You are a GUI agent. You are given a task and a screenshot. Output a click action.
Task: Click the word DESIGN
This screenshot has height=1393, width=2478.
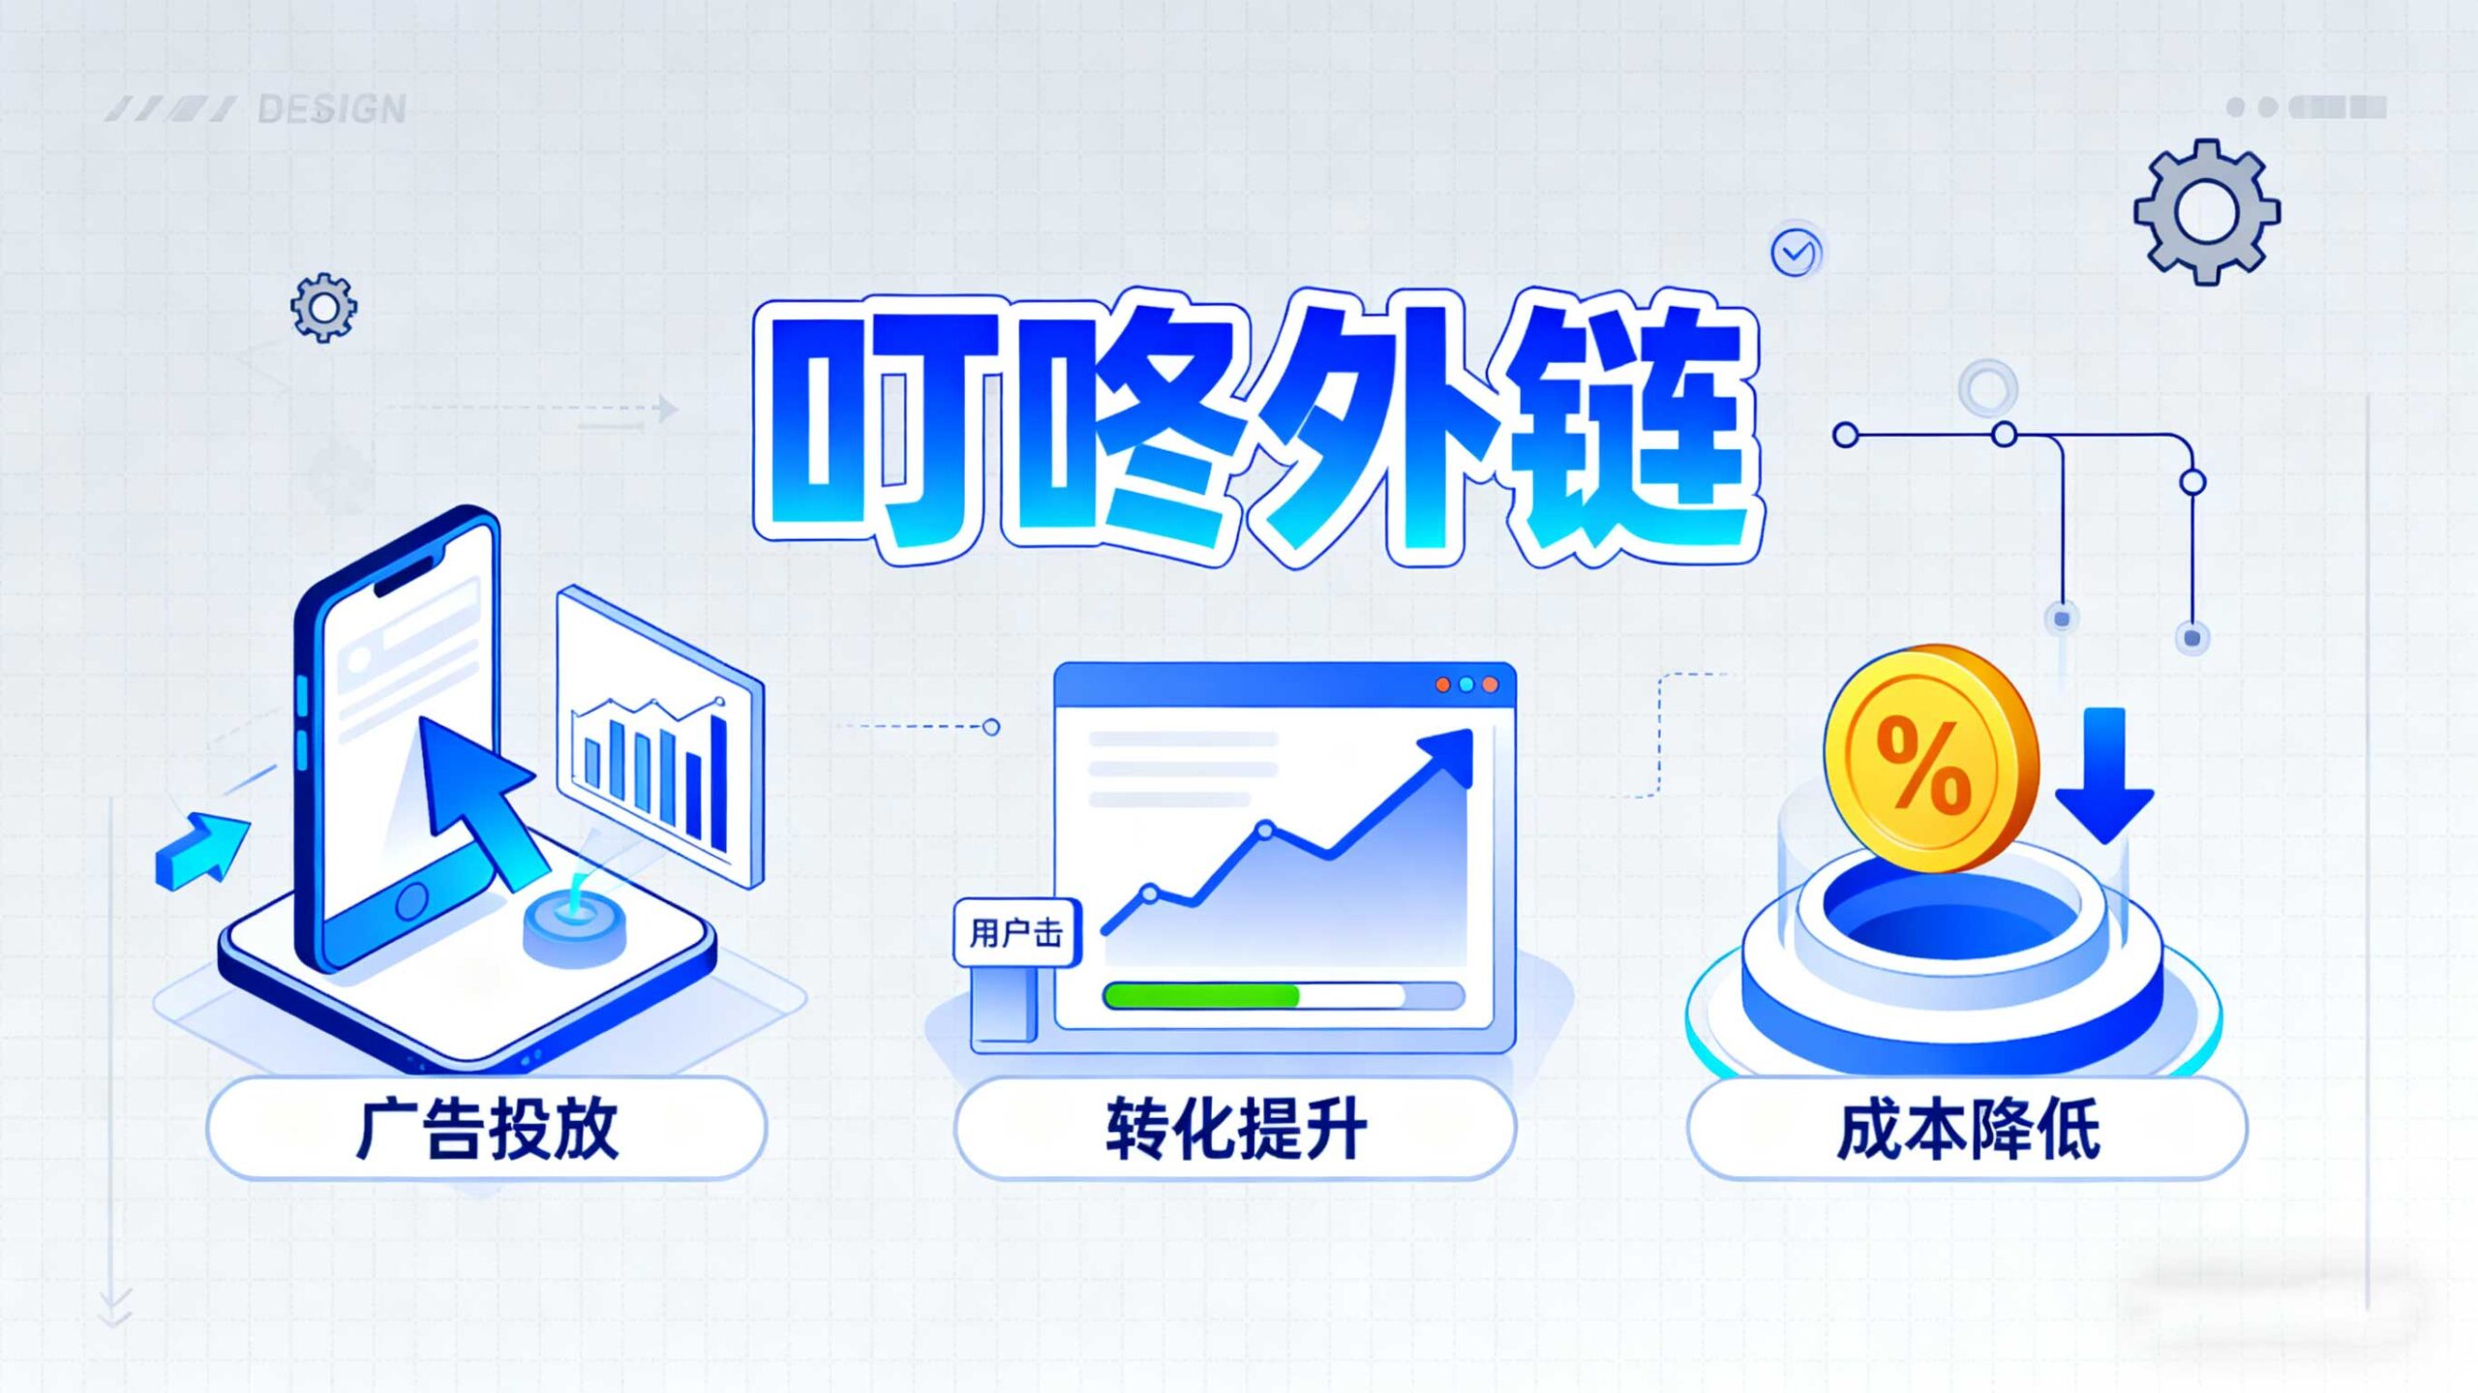(x=332, y=109)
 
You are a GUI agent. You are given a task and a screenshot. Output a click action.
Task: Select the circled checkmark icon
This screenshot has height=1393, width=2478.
(x=1796, y=254)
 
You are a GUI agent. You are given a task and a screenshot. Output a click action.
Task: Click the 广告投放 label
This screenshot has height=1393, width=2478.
(x=487, y=1129)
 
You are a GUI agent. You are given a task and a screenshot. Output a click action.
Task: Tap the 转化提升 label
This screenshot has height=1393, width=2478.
(x=1236, y=1129)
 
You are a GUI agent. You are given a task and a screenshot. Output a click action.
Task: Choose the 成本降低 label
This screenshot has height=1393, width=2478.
(x=1968, y=1129)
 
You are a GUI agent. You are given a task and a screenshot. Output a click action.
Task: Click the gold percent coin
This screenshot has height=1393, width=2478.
(x=1931, y=758)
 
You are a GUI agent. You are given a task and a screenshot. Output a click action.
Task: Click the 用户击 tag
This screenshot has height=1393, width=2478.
(x=1016, y=933)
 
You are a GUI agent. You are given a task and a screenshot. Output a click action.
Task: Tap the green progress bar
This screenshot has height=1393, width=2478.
(x=1201, y=995)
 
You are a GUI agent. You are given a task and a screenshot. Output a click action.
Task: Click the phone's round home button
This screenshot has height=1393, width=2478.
(x=410, y=900)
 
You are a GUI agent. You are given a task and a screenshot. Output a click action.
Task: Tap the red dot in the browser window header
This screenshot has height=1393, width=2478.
(x=1442, y=684)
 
